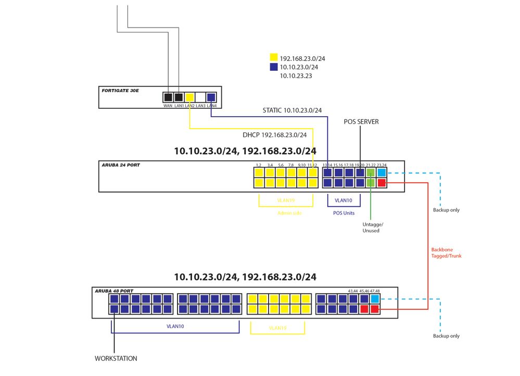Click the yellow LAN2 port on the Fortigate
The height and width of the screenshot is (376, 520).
click(x=190, y=97)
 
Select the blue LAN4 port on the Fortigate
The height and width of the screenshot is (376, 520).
click(x=211, y=97)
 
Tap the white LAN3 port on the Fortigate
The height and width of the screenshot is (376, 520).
click(x=201, y=97)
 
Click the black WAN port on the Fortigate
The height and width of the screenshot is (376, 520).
click(x=168, y=97)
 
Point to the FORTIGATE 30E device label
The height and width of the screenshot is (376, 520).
click(x=120, y=91)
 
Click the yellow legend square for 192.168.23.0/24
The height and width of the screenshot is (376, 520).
click(x=274, y=58)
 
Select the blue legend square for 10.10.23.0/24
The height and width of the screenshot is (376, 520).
click(x=274, y=67)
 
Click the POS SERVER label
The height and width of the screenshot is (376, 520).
click(x=361, y=121)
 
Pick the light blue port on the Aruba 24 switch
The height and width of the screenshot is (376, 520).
click(x=382, y=172)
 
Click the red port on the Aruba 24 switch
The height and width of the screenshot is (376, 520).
click(x=382, y=183)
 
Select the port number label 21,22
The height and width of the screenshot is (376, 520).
click(x=371, y=165)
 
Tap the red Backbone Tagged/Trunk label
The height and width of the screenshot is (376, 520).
click(x=446, y=253)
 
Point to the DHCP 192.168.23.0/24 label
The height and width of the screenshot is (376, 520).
click(x=274, y=135)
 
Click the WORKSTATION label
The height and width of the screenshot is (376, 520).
click(x=116, y=358)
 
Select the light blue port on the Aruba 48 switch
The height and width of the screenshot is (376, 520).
click(x=375, y=298)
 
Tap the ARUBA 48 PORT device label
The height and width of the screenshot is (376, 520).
click(x=114, y=291)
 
